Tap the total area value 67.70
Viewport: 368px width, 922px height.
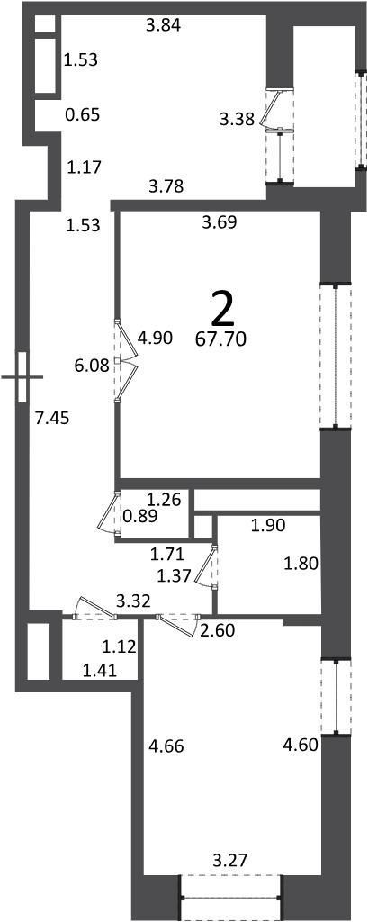pyautogui.click(x=221, y=339)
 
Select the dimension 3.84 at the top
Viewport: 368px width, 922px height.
pyautogui.click(x=163, y=25)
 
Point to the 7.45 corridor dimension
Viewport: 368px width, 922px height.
pyautogui.click(x=52, y=419)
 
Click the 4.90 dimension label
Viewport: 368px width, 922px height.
pyautogui.click(x=154, y=339)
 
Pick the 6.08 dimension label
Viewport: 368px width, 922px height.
pyautogui.click(x=91, y=366)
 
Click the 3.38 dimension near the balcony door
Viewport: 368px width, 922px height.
pyautogui.click(x=237, y=120)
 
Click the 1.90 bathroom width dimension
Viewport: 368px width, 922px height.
pyautogui.click(x=268, y=526)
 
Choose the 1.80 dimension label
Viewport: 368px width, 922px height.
pyautogui.click(x=301, y=565)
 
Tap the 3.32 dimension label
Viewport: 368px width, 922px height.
pyautogui.click(x=133, y=601)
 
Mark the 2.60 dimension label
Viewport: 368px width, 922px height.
pyautogui.click(x=218, y=632)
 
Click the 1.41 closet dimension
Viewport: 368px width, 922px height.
pyautogui.click(x=99, y=669)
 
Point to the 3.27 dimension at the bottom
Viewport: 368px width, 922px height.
pyautogui.click(x=229, y=862)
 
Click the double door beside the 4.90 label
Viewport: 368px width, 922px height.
pyautogui.click(x=126, y=361)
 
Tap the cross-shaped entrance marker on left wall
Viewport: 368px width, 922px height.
pyautogui.click(x=22, y=376)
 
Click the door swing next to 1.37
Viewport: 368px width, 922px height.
pyautogui.click(x=207, y=566)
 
